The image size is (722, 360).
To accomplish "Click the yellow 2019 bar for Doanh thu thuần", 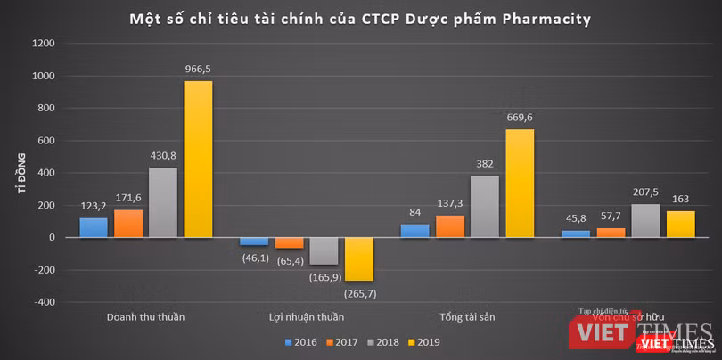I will (x=198, y=159).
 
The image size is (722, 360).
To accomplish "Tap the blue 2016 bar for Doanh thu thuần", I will (x=94, y=227).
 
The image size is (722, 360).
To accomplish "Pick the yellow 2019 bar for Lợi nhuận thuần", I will (x=358, y=258).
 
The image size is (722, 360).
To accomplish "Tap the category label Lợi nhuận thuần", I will (x=306, y=316).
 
